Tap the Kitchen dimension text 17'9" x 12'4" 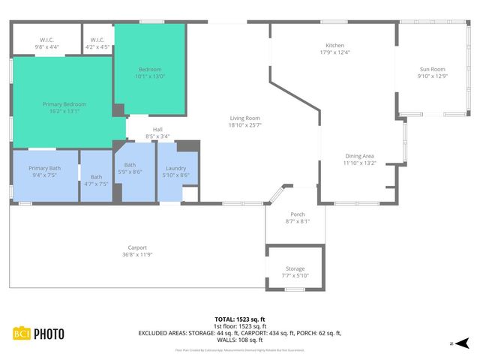334,52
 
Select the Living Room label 244,118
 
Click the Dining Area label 358,156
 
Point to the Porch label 297,214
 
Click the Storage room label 295,268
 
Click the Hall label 157,129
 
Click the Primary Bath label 44,168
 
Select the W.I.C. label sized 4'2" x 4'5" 97,40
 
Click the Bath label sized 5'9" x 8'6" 130,165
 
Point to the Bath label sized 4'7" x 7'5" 96,177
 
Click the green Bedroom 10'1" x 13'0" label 149,70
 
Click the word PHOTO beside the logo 47,334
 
